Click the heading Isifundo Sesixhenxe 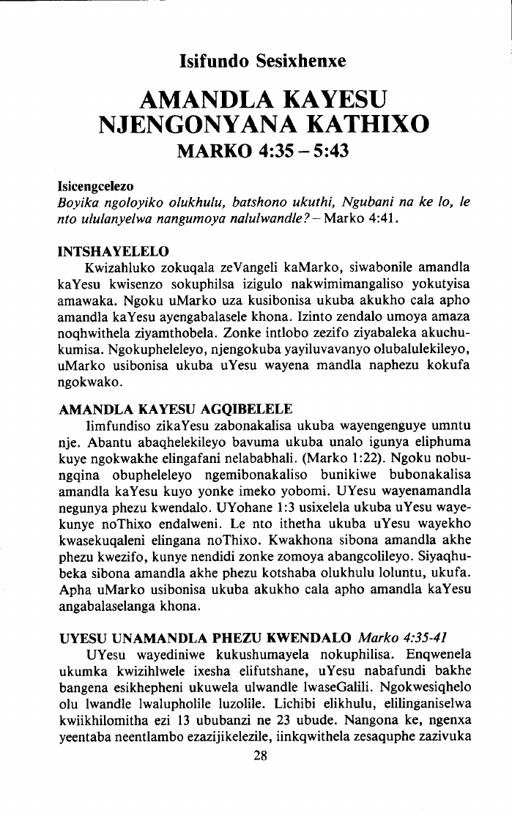(x=262, y=62)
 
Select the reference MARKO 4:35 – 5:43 (x=262, y=152)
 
